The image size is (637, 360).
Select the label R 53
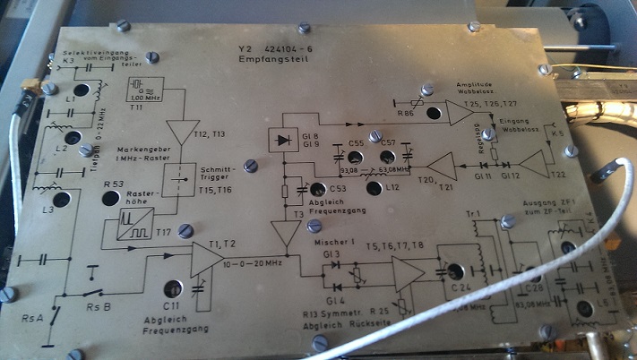(114, 184)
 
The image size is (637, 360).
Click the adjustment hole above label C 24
(455, 270)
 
